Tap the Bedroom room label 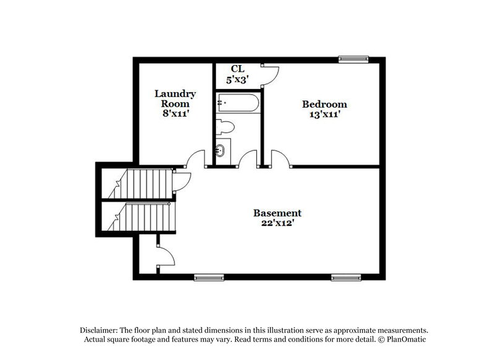pyautogui.click(x=324, y=104)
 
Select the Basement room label pyautogui.click(x=277, y=213)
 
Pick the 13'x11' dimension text pyautogui.click(x=324, y=114)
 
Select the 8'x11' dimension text pyautogui.click(x=175, y=114)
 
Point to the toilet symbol pyautogui.click(x=225, y=128)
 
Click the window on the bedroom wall pyautogui.click(x=353, y=59)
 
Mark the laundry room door pyautogui.click(x=196, y=160)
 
